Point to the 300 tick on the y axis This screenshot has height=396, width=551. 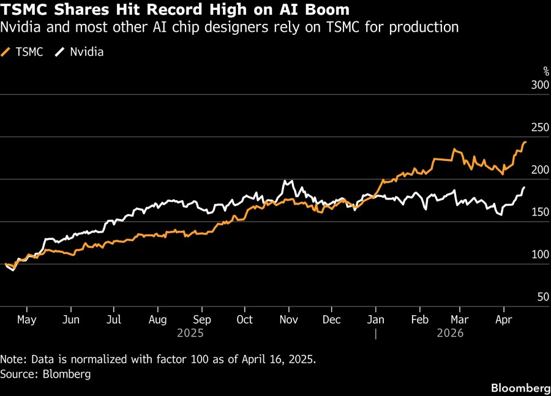point(538,86)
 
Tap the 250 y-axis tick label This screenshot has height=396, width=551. point(538,128)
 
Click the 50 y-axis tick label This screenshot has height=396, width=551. point(541,297)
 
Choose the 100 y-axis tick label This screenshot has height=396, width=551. point(538,255)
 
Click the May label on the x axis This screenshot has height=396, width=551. point(27,319)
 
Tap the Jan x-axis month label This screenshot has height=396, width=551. point(375,319)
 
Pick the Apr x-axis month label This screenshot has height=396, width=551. point(503,319)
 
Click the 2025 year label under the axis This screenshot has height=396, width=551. point(190,334)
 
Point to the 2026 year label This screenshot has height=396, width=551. point(450,334)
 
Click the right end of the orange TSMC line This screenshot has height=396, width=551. point(525,142)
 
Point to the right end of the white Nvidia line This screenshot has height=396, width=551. point(525,187)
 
